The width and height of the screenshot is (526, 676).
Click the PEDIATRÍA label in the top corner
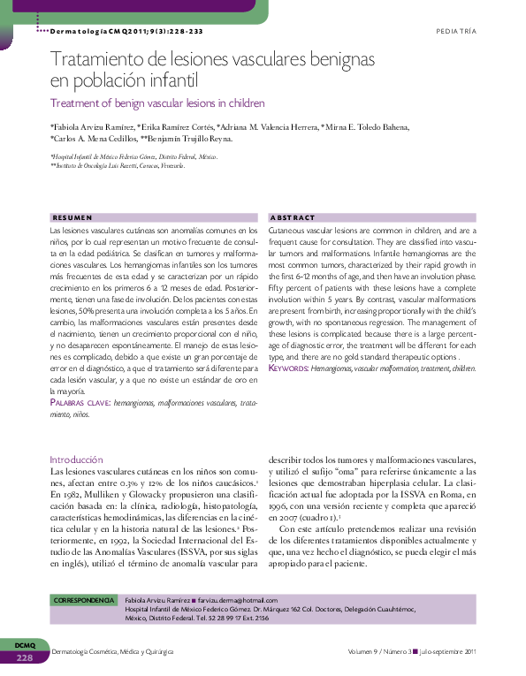tap(455, 31)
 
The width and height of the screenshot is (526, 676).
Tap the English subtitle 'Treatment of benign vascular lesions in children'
tap(145, 103)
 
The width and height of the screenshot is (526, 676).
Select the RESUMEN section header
tap(72, 216)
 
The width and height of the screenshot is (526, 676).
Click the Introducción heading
tap(76, 460)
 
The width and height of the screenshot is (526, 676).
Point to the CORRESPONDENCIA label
tap(85, 600)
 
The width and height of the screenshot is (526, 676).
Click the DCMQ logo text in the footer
tap(25, 646)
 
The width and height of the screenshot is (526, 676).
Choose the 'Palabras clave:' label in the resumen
tap(80, 402)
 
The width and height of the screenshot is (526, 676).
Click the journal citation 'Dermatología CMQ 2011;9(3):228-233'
tap(127, 31)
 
